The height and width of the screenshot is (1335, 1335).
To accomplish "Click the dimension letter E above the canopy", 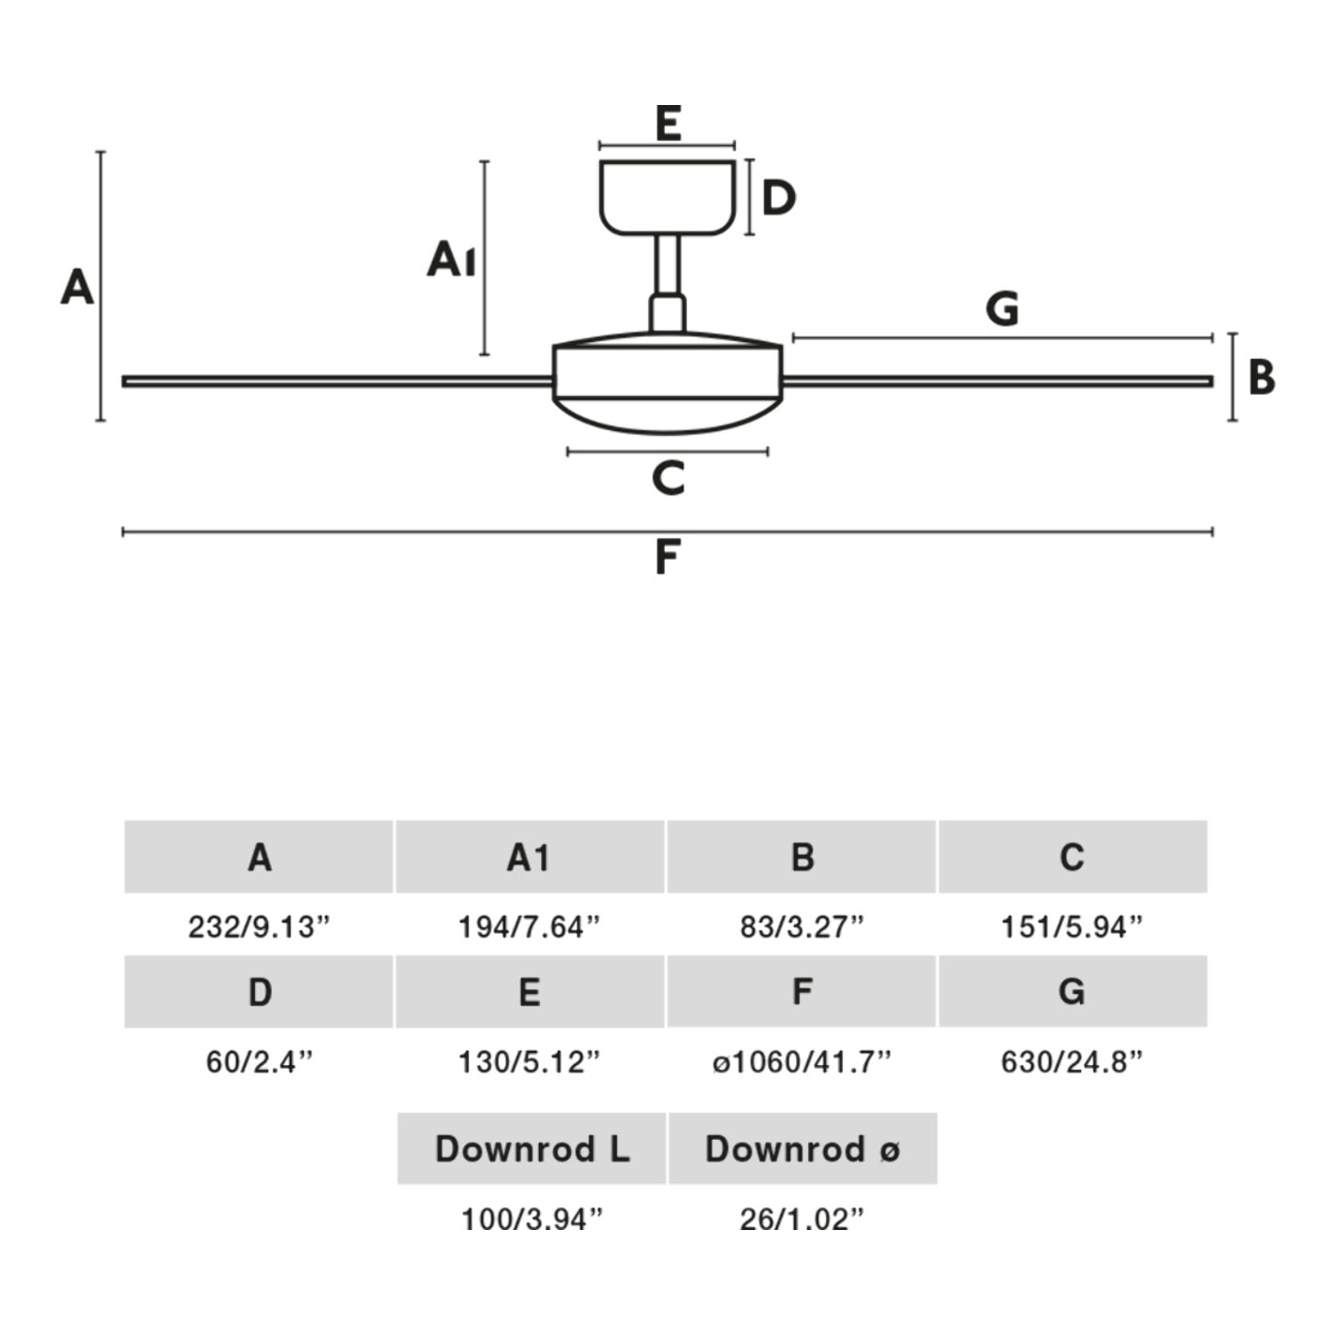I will [x=667, y=124].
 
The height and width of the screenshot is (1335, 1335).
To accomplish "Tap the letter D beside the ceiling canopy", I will [x=778, y=198].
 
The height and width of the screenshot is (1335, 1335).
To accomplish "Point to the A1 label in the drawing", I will [x=451, y=259].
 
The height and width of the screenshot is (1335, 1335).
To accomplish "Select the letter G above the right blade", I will [x=1002, y=308].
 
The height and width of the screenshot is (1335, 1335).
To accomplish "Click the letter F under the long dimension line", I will [x=667, y=557].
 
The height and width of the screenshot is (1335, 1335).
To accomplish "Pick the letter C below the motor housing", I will [x=668, y=478].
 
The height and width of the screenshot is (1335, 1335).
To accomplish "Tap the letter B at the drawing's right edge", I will [x=1262, y=377].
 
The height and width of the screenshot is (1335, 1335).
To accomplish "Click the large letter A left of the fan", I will [x=77, y=287].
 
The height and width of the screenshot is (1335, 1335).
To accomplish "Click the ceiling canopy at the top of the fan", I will [x=667, y=197].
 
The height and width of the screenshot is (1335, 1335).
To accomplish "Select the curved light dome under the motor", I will [x=667, y=417].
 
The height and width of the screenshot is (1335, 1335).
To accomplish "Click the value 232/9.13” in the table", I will [x=260, y=927].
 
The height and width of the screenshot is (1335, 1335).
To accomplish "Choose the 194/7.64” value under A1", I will [x=529, y=927].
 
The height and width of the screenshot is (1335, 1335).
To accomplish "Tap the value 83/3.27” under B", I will [x=802, y=927].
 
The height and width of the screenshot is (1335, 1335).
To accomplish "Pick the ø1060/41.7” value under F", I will [x=802, y=1062].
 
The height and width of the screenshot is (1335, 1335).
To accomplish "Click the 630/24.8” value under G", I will [x=1072, y=1062].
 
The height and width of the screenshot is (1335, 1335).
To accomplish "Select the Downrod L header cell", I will [x=532, y=1148].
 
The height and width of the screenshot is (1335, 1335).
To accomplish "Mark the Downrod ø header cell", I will [x=802, y=1148].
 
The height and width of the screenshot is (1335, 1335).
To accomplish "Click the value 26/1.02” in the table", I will [x=802, y=1219].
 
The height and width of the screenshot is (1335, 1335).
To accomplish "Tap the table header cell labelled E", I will [x=530, y=992].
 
